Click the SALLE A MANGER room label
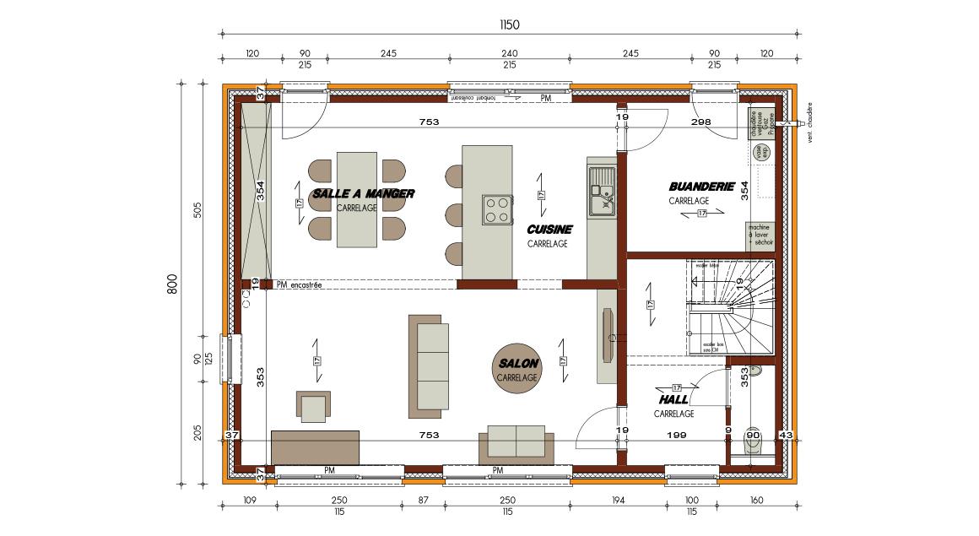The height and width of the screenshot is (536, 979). coord(363,193)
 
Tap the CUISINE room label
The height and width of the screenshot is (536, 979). coord(549,230)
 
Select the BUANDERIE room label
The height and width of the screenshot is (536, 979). coord(701,187)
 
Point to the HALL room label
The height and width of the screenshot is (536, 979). coord(673,399)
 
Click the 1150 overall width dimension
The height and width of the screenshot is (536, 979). coord(509,24)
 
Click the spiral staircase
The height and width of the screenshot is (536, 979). coord(731,308)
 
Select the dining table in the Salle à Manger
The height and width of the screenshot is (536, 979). coord(356,200)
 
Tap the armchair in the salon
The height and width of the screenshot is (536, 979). coord(314,406)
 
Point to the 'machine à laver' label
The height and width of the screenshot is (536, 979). coord(760,235)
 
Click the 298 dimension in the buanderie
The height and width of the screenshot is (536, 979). coord(700,122)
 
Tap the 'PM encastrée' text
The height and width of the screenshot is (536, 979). coord(300,285)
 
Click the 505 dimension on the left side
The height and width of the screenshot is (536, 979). coord(197,209)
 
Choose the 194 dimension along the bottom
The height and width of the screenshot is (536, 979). coord(619,501)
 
